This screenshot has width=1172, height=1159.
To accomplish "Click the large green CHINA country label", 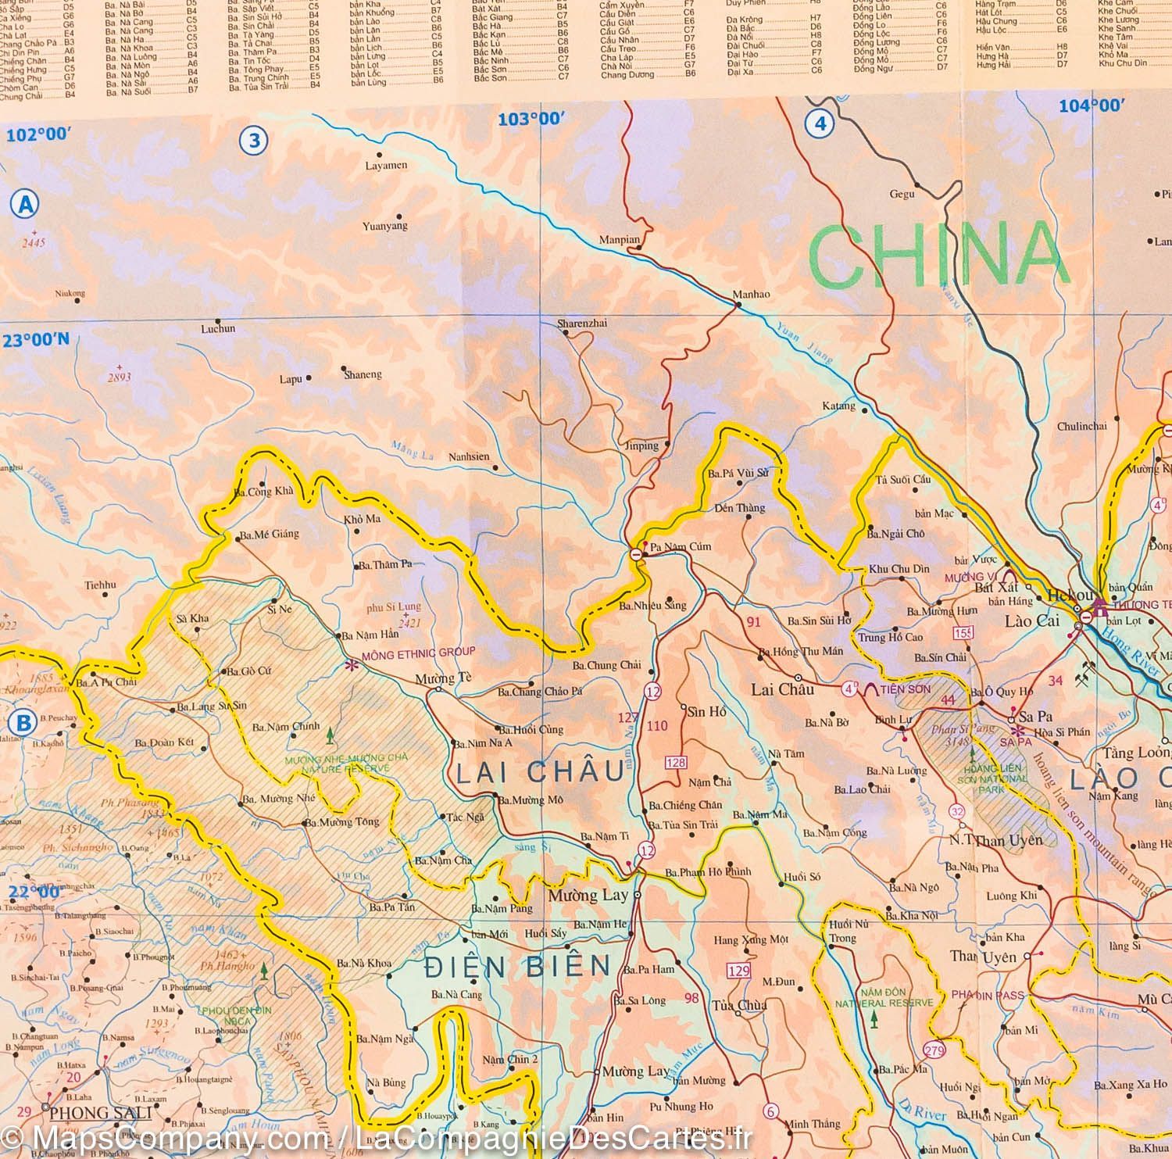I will pyautogui.click(x=938, y=254).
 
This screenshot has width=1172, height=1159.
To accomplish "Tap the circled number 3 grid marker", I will pyautogui.click(x=253, y=141).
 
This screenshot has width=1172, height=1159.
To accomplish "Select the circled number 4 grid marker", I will pyautogui.click(x=820, y=123).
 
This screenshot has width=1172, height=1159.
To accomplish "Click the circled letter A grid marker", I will pyautogui.click(x=25, y=205).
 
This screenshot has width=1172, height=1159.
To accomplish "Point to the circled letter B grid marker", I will pyautogui.click(x=23, y=722).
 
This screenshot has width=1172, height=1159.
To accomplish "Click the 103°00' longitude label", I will pyautogui.click(x=531, y=119).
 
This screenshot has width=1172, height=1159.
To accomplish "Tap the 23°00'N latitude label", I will pyautogui.click(x=36, y=340).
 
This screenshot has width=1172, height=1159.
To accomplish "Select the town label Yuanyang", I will pyautogui.click(x=384, y=227).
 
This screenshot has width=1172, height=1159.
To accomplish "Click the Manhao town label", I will pyautogui.click(x=751, y=295).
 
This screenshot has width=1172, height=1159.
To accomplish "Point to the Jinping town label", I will pyautogui.click(x=641, y=446).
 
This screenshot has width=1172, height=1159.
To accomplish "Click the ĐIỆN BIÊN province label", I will pyautogui.click(x=517, y=967).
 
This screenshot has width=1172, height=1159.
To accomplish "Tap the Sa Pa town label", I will pyautogui.click(x=1035, y=717).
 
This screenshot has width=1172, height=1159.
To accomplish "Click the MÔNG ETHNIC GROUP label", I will pyautogui.click(x=419, y=652).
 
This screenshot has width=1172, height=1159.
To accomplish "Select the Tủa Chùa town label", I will pyautogui.click(x=738, y=1006).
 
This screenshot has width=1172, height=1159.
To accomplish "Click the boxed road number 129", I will pyautogui.click(x=738, y=971).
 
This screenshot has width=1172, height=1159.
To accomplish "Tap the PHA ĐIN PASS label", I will pyautogui.click(x=987, y=995).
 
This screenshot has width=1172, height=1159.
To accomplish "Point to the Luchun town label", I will pyautogui.click(x=218, y=329).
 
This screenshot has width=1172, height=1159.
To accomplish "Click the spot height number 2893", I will pyautogui.click(x=120, y=377).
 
